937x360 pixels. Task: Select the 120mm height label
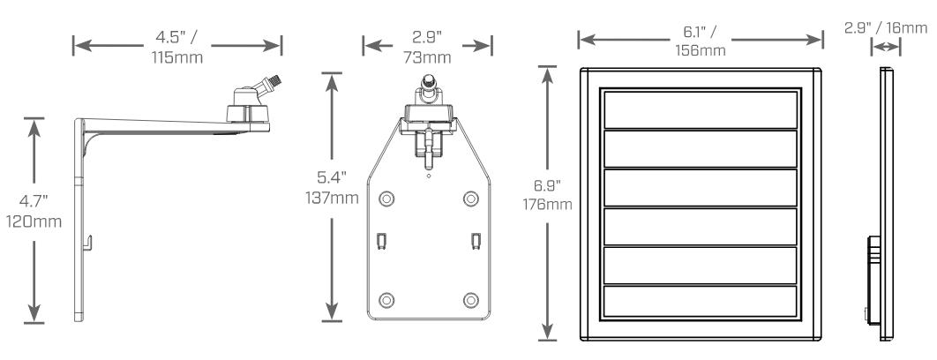pos(34,221)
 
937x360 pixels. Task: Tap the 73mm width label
pos(427,58)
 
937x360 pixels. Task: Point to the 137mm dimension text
pos(333,198)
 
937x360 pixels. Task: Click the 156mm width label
pos(701,51)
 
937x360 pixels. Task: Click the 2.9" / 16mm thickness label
pos(886,28)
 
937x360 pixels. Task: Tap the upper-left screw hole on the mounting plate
pos(386,199)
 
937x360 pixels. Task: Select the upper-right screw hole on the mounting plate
pos(471,199)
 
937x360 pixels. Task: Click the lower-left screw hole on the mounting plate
pos(386,300)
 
